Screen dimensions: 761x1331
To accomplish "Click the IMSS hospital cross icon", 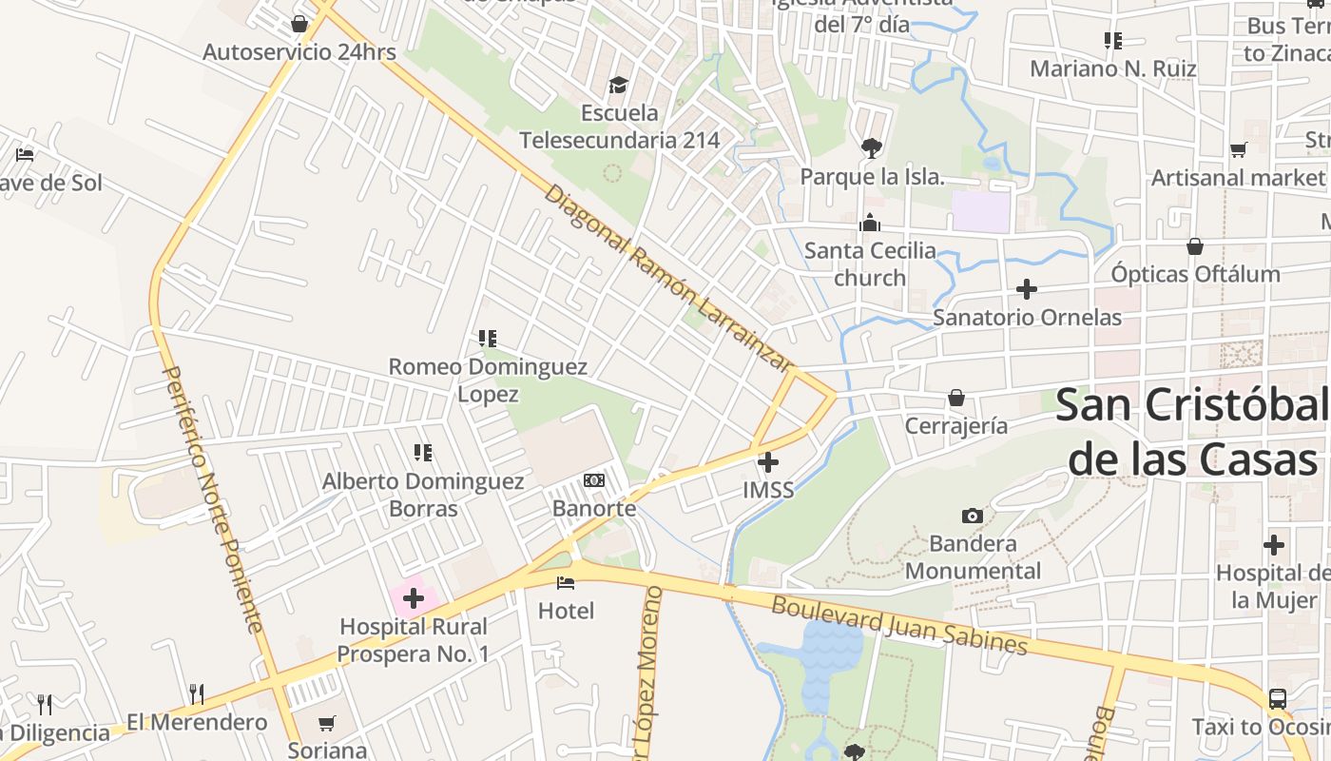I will pos(768,463).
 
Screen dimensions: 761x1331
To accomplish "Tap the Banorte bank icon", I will pos(594,480).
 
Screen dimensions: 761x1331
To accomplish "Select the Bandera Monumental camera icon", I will pos(972,516).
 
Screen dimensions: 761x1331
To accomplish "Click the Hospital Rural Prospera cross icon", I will pos(414,598).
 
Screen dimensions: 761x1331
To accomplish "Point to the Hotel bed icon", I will pos(567,582).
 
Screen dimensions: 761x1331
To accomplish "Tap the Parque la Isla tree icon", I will pos(870,147).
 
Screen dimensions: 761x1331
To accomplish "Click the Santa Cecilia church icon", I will pos(869,224).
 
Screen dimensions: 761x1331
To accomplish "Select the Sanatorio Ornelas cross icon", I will pos(1027,288).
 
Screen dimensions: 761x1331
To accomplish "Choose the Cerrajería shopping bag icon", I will pos(955,398).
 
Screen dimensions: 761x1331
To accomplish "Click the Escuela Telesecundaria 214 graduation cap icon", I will pos(619,86).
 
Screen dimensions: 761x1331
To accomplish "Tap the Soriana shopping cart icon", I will pos(327,723).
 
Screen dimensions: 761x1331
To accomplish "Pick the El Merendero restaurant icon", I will pos(197,693).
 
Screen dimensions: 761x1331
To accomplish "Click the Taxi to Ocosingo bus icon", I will pos(1278,699).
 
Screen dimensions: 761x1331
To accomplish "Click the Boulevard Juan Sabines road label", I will pos(899,625).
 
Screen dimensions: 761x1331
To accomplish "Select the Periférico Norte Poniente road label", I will pos(212,498).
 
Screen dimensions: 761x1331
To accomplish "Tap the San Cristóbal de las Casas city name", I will pos(1192,432).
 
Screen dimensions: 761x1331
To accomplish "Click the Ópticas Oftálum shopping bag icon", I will pos(1195,246).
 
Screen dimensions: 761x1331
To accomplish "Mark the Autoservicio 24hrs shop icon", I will pos(299,24).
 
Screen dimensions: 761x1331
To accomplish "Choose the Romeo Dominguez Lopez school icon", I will pos(488,338).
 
